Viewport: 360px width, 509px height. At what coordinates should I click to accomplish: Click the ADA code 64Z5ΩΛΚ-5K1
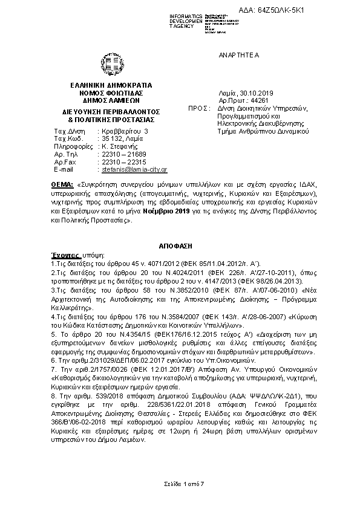327,11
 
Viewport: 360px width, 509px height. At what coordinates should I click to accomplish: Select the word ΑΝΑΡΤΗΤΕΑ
238,55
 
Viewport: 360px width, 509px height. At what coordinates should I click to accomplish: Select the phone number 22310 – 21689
121,154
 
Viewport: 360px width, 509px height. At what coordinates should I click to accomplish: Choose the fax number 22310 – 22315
121,162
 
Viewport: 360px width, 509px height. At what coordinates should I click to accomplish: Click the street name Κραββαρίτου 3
124,131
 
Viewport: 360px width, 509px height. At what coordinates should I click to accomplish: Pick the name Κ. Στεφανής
120,146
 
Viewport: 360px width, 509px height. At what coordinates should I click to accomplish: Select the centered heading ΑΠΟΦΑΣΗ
180,248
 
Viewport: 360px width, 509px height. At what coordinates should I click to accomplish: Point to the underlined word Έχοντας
61,256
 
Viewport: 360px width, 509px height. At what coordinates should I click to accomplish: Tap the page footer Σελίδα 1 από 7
179,484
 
